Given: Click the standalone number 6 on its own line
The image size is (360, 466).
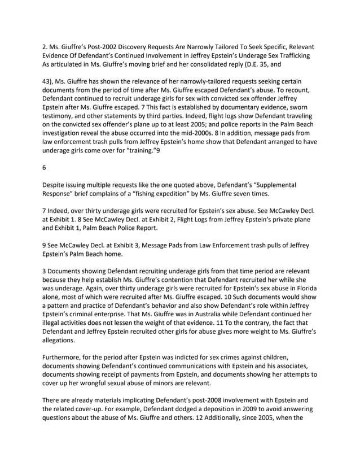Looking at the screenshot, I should coord(45,168).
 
